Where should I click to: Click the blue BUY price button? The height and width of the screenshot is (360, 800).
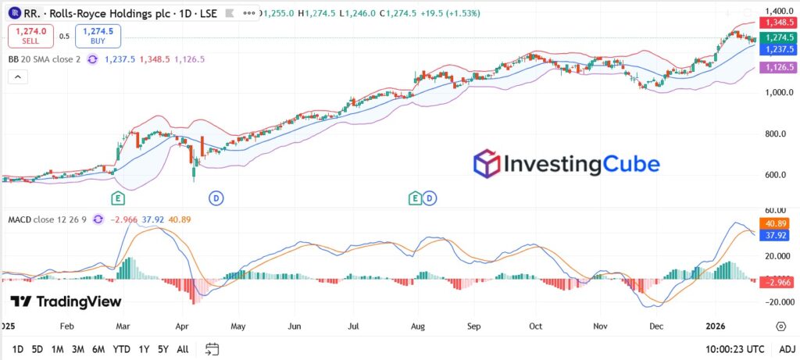[98, 36]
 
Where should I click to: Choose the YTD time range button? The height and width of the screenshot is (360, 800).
[121, 349]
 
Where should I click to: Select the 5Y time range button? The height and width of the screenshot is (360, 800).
[162, 349]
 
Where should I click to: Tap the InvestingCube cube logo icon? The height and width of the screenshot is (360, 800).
[486, 165]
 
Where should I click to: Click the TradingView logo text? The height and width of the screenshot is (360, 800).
[66, 302]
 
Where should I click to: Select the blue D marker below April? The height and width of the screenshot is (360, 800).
[216, 198]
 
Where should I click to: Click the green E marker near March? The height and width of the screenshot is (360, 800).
[118, 198]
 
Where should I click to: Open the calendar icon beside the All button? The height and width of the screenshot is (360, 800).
[211, 349]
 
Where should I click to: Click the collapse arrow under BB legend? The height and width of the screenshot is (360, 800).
[17, 77]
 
